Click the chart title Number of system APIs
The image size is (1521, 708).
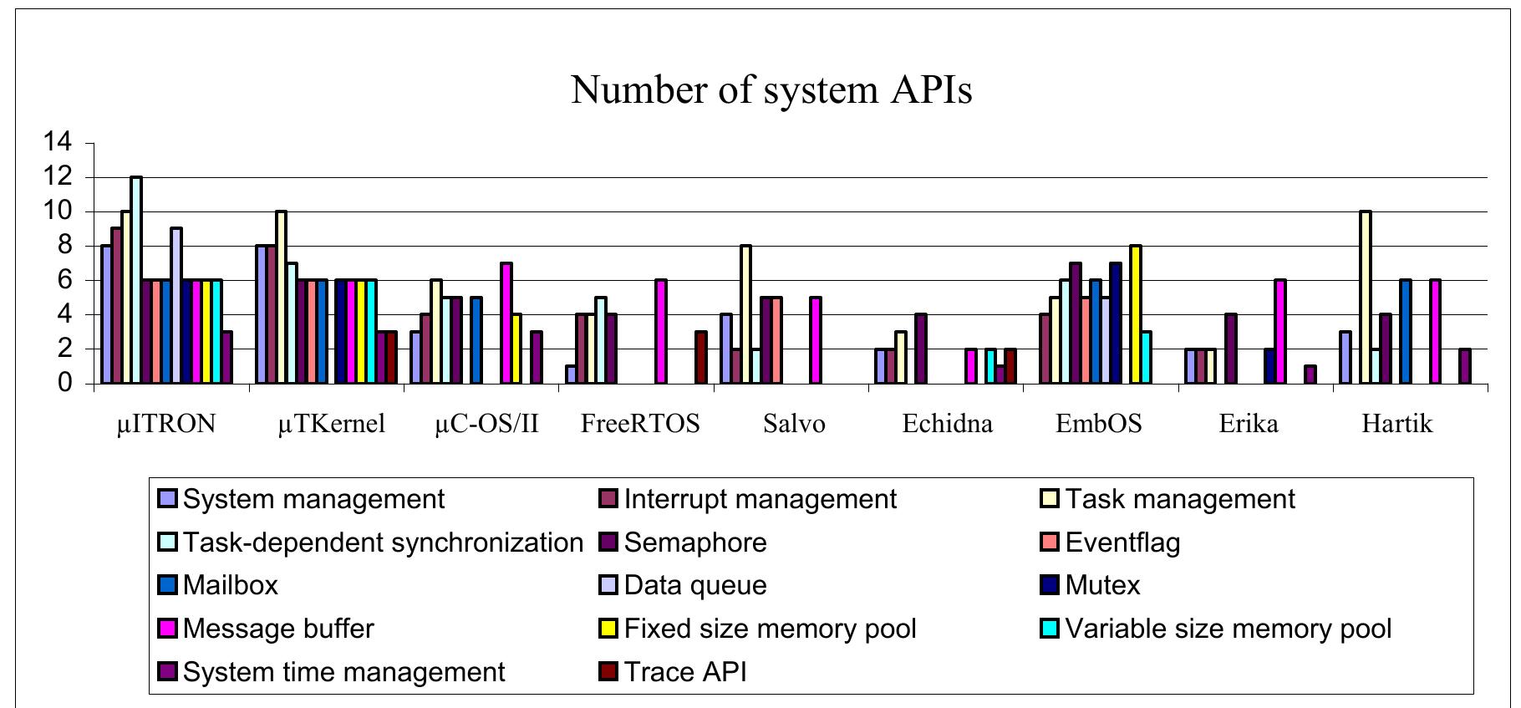click(771, 89)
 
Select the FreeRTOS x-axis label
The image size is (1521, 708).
click(640, 424)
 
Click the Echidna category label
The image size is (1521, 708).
click(948, 424)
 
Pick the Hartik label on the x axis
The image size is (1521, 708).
click(1396, 424)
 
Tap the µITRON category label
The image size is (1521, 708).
click(166, 424)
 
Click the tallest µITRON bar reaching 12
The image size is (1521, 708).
click(136, 280)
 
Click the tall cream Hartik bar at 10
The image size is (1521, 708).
click(1366, 298)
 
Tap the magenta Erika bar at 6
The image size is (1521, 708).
click(1279, 332)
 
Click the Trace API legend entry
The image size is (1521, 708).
click(673, 672)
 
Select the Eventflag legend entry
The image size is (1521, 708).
click(1111, 542)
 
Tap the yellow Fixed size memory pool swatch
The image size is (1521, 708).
click(608, 629)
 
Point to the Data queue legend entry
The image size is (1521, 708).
click(683, 585)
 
